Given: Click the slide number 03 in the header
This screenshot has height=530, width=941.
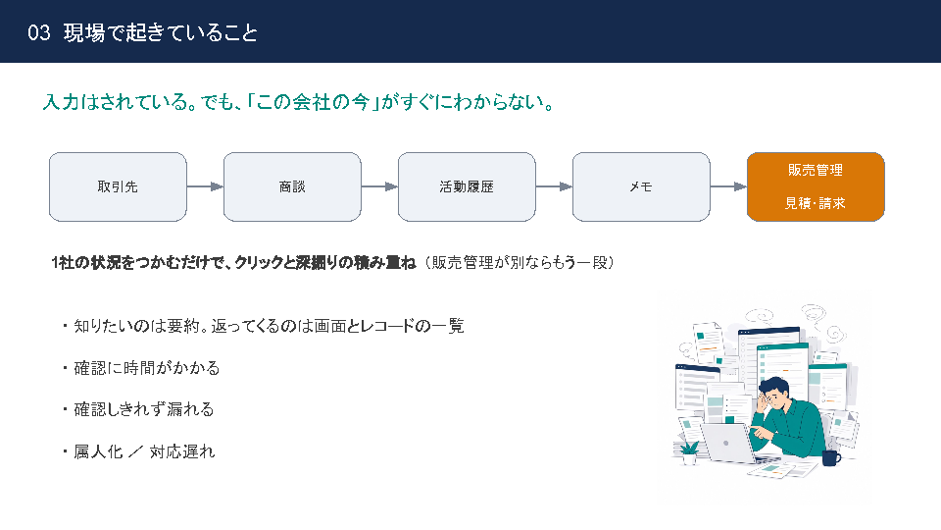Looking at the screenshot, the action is click(x=39, y=32).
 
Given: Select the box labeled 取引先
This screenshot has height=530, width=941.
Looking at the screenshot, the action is click(x=118, y=186).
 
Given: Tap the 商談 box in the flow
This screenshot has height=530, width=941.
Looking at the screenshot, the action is click(x=292, y=186).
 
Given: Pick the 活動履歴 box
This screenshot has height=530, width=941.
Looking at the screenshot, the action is click(x=467, y=186).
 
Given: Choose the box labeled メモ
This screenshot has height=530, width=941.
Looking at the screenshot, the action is click(x=641, y=186).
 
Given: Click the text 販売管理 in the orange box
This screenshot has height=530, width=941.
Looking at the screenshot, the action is click(x=816, y=170).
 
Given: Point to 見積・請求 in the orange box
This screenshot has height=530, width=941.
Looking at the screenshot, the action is click(x=816, y=203).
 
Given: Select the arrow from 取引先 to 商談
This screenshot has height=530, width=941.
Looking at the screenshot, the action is click(x=205, y=186).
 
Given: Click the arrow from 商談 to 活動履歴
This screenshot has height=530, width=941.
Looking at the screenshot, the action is click(x=380, y=186).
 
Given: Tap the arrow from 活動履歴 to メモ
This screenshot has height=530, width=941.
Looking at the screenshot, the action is click(x=554, y=186).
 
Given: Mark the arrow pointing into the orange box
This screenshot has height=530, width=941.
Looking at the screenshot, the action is click(x=728, y=186).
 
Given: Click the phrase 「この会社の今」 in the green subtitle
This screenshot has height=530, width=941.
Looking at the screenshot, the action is click(x=314, y=102).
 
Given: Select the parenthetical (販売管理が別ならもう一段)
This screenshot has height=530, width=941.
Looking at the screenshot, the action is click(x=520, y=263).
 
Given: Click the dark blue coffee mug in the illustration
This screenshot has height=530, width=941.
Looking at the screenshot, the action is click(x=831, y=458).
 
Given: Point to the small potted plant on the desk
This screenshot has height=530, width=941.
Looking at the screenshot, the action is click(x=689, y=452).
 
